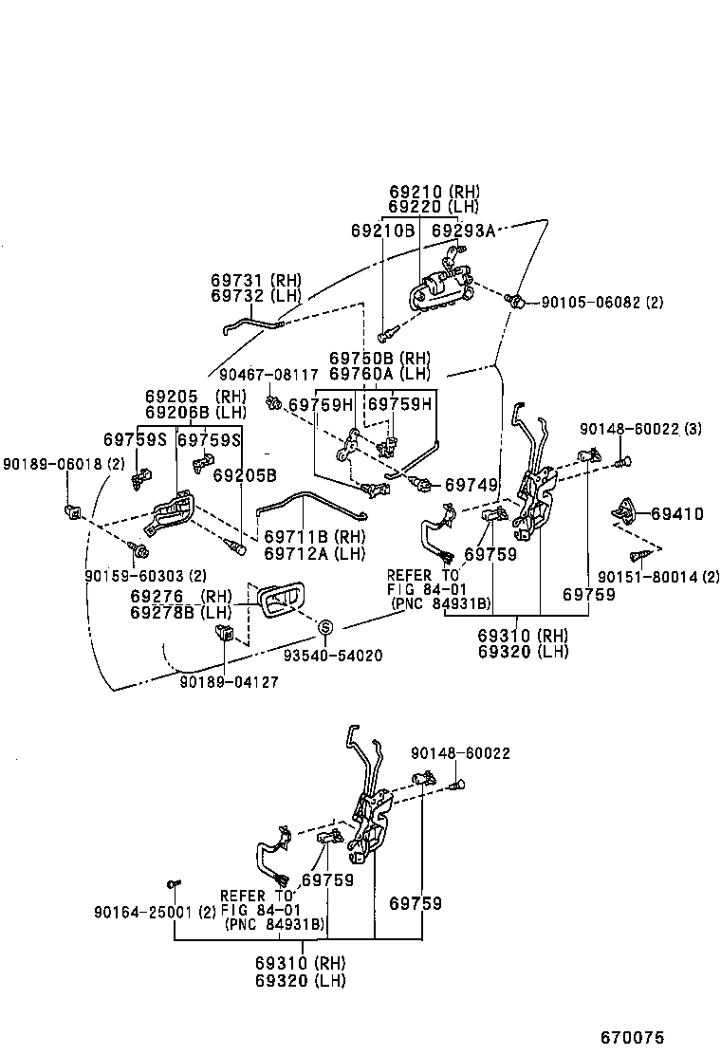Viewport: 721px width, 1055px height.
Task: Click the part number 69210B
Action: tap(382, 231)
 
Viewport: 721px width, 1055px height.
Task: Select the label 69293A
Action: tap(463, 231)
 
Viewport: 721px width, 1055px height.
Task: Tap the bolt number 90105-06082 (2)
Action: tap(601, 303)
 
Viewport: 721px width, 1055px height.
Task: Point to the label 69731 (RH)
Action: tap(255, 280)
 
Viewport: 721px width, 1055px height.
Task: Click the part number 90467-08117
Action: tap(268, 375)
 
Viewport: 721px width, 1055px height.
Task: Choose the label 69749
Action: tap(471, 486)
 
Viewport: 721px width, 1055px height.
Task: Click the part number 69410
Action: tap(676, 514)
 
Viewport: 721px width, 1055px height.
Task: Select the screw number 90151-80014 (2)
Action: tap(658, 576)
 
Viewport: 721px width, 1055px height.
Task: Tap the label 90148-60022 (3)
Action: tap(640, 430)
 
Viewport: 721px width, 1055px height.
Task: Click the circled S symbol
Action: tap(324, 627)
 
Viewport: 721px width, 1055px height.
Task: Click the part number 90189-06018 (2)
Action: tap(64, 464)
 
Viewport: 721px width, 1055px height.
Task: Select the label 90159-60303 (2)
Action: tap(145, 576)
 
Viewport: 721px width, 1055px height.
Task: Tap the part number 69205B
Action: tap(244, 475)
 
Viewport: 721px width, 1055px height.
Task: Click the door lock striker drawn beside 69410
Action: tap(627, 511)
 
